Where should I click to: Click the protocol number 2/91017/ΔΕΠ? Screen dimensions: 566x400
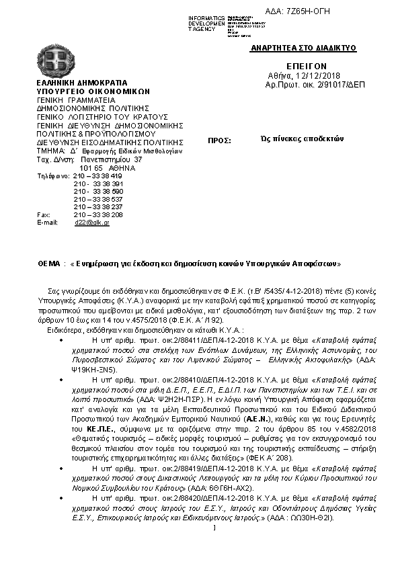tap(326, 87)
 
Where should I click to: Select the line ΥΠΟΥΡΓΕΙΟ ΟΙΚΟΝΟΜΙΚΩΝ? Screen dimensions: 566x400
tap(93, 91)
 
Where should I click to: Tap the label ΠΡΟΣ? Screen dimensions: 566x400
tap(221, 141)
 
